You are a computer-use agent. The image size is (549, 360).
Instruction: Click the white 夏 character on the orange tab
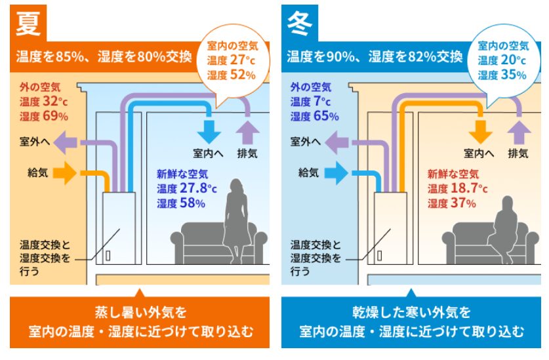[x=28, y=23]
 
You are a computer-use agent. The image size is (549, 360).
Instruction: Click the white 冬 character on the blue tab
[x=299, y=23]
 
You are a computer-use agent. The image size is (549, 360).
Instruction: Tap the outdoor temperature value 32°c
[x=55, y=102]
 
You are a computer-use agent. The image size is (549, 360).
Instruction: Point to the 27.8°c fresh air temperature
[x=198, y=188]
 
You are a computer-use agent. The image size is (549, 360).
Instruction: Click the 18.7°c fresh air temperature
[x=469, y=188]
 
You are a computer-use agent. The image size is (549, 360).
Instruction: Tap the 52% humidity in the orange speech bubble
[x=243, y=75]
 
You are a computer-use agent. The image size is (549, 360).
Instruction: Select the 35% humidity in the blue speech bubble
[x=514, y=75]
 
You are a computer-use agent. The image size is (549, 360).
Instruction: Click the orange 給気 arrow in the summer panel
[x=65, y=172]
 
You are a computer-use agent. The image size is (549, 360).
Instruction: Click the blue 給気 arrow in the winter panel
[x=336, y=172]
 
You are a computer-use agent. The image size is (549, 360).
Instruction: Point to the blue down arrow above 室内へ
[x=209, y=132]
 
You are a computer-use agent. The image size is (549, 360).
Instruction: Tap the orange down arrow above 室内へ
[x=480, y=132]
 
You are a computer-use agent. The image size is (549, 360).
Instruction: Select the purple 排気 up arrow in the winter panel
[x=519, y=132]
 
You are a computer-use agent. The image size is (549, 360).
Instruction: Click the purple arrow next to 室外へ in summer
[x=66, y=142]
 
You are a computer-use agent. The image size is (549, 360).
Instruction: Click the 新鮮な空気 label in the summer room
[x=182, y=174]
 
